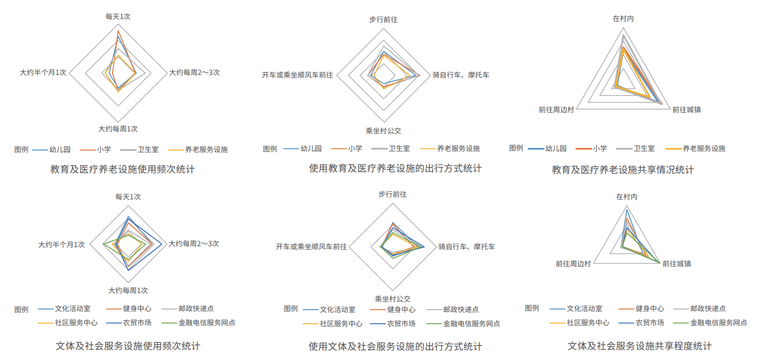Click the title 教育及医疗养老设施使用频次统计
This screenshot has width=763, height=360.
(x=122, y=169)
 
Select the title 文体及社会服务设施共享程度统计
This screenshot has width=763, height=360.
(x=639, y=346)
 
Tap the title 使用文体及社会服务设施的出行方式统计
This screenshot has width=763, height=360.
(x=395, y=347)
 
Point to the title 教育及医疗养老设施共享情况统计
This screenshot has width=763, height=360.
(x=622, y=170)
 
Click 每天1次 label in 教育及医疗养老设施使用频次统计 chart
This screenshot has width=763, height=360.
(x=118, y=17)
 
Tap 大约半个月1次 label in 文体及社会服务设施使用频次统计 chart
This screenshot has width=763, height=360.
(x=61, y=245)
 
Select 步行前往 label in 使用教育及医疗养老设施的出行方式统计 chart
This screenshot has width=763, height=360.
(x=384, y=20)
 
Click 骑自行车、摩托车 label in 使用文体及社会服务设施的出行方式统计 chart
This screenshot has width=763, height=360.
(x=466, y=247)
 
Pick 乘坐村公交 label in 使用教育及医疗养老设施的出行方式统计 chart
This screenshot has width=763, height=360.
(x=384, y=131)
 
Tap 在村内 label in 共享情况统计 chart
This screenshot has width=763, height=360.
(x=623, y=19)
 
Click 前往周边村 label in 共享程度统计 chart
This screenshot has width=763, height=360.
(x=573, y=264)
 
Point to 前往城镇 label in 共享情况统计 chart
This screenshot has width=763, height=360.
(x=686, y=110)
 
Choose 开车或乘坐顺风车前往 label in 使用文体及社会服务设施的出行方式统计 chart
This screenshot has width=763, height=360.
(x=311, y=247)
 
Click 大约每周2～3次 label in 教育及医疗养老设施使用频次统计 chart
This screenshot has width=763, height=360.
(x=194, y=73)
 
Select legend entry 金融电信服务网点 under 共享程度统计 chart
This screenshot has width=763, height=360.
(x=710, y=323)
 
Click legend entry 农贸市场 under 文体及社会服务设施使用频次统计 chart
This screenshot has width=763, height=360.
(x=128, y=323)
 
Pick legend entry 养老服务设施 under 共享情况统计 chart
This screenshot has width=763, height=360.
(x=695, y=149)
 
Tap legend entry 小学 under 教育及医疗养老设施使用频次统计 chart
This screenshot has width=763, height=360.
(x=95, y=150)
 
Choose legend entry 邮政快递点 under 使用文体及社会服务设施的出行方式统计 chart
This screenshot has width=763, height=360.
(x=452, y=310)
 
